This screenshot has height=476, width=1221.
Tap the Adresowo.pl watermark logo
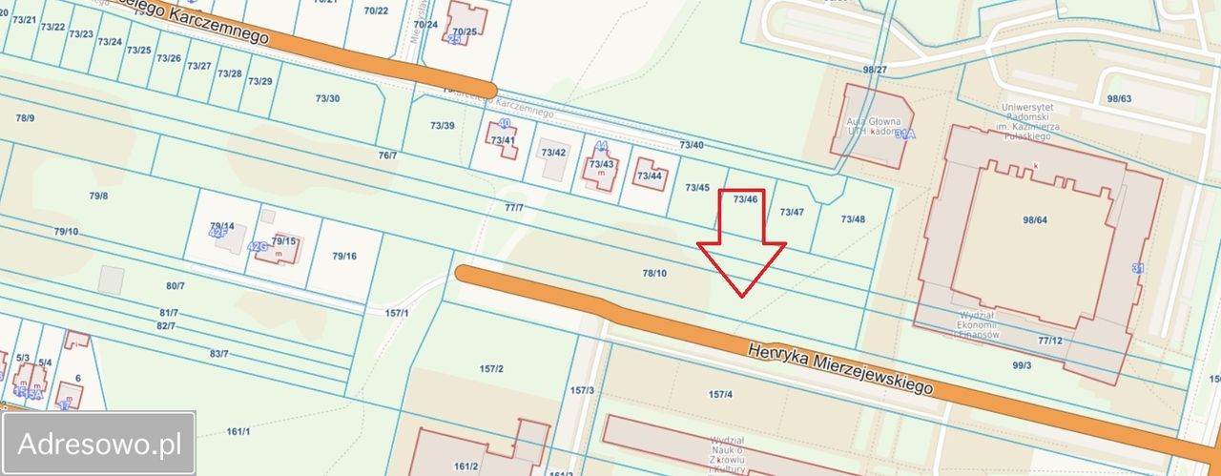pos(99,444)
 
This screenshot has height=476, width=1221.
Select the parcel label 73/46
pos(746,199)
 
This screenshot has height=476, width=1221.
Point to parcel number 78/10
pos(654,274)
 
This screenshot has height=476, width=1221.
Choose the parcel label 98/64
pos(1035,220)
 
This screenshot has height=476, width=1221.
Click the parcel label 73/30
pos(327,98)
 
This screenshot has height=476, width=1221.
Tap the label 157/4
pos(720,394)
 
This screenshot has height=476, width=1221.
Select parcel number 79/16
pos(344,256)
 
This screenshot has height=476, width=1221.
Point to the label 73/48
pos(853,219)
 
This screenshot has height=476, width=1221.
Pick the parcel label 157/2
pos(491,368)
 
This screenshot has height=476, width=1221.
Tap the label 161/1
pos(238,432)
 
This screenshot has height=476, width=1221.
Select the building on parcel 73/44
pos(652,176)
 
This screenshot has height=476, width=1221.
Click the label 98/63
pos(1119,98)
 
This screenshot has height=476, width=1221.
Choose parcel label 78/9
pos(25,117)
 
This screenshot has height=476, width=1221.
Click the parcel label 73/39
pos(442,126)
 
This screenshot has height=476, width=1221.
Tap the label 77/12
pos(1049,340)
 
